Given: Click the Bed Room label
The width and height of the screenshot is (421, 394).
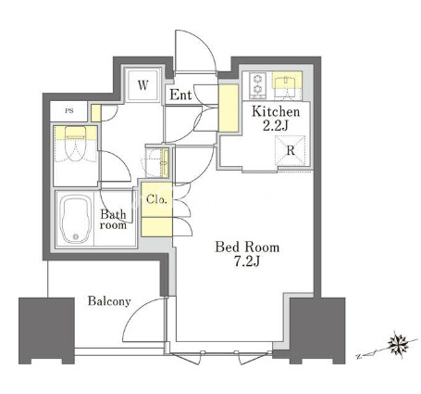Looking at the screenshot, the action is coord(247,248).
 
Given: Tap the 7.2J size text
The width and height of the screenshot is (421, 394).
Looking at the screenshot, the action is coord(247,261).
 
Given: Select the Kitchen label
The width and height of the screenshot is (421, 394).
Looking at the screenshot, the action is coord(276,111).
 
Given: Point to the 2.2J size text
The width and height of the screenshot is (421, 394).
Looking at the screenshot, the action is coord(276,126).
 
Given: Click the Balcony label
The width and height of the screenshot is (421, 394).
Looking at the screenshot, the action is coord(109,301).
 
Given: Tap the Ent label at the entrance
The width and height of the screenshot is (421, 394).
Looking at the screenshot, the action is coord(180,95).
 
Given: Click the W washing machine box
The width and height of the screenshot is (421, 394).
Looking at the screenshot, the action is coord(142,85).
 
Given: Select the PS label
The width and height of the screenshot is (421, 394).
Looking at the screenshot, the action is coord(69,111).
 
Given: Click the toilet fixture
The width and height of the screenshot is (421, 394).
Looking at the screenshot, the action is coord(76,144).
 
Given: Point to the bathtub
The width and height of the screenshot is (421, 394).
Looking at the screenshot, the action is coord(76,219).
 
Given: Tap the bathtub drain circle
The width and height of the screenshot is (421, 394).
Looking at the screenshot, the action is coord(76,236).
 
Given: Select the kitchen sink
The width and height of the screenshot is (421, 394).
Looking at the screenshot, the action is coord(287,82).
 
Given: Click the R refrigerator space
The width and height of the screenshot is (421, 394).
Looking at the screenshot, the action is coord(291,151).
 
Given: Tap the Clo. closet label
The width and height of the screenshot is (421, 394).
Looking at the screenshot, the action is coord(157,199).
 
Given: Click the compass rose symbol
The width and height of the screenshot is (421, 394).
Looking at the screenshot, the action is coord(398,343).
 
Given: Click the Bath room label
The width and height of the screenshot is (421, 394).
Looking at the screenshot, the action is coord(114,220).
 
